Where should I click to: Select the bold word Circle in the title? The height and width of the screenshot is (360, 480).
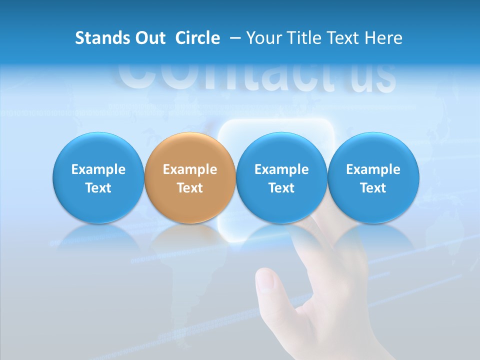(x=197, y=38)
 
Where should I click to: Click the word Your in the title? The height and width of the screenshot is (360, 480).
(x=263, y=38)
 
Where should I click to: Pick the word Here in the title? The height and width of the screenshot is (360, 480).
(x=383, y=38)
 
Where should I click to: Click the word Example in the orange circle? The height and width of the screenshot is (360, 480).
(x=190, y=169)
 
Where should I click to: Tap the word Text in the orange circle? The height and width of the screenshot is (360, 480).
(x=190, y=188)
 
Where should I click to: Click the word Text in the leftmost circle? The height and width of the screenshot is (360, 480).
(x=98, y=188)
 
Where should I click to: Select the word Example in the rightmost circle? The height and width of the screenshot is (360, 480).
(x=373, y=169)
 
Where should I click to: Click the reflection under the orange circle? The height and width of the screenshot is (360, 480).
(x=190, y=237)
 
